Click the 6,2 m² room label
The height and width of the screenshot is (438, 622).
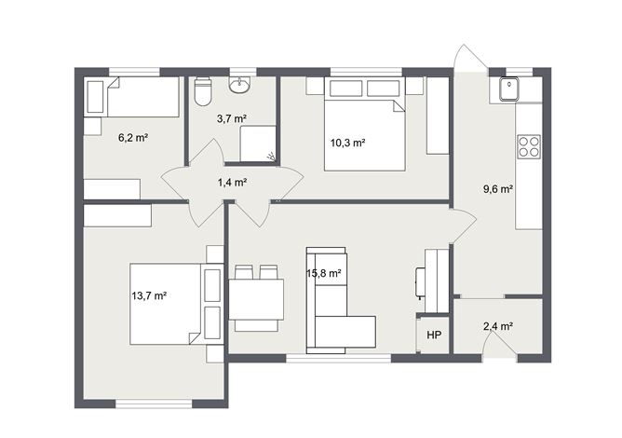pyautogui.click(x=133, y=137)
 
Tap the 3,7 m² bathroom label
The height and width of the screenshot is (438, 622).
pyautogui.click(x=231, y=118)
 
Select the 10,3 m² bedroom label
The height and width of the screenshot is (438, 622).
pyautogui.click(x=347, y=143)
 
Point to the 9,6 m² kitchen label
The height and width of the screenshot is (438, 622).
pyautogui.click(x=499, y=188)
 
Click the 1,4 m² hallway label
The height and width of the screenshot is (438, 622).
pyautogui.click(x=232, y=183)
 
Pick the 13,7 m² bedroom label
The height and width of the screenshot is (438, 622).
pyautogui.click(x=149, y=295)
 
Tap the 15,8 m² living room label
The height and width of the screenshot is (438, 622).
pyautogui.click(x=325, y=274)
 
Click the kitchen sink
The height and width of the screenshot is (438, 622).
pyautogui.click(x=509, y=89)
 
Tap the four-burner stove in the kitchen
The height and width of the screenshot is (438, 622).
pyautogui.click(x=528, y=146)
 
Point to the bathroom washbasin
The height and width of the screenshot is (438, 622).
pyautogui.click(x=239, y=87)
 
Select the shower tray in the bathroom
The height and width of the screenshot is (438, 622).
pyautogui.click(x=258, y=144)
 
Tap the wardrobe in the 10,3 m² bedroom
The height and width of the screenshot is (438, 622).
pyautogui.click(x=438, y=116)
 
